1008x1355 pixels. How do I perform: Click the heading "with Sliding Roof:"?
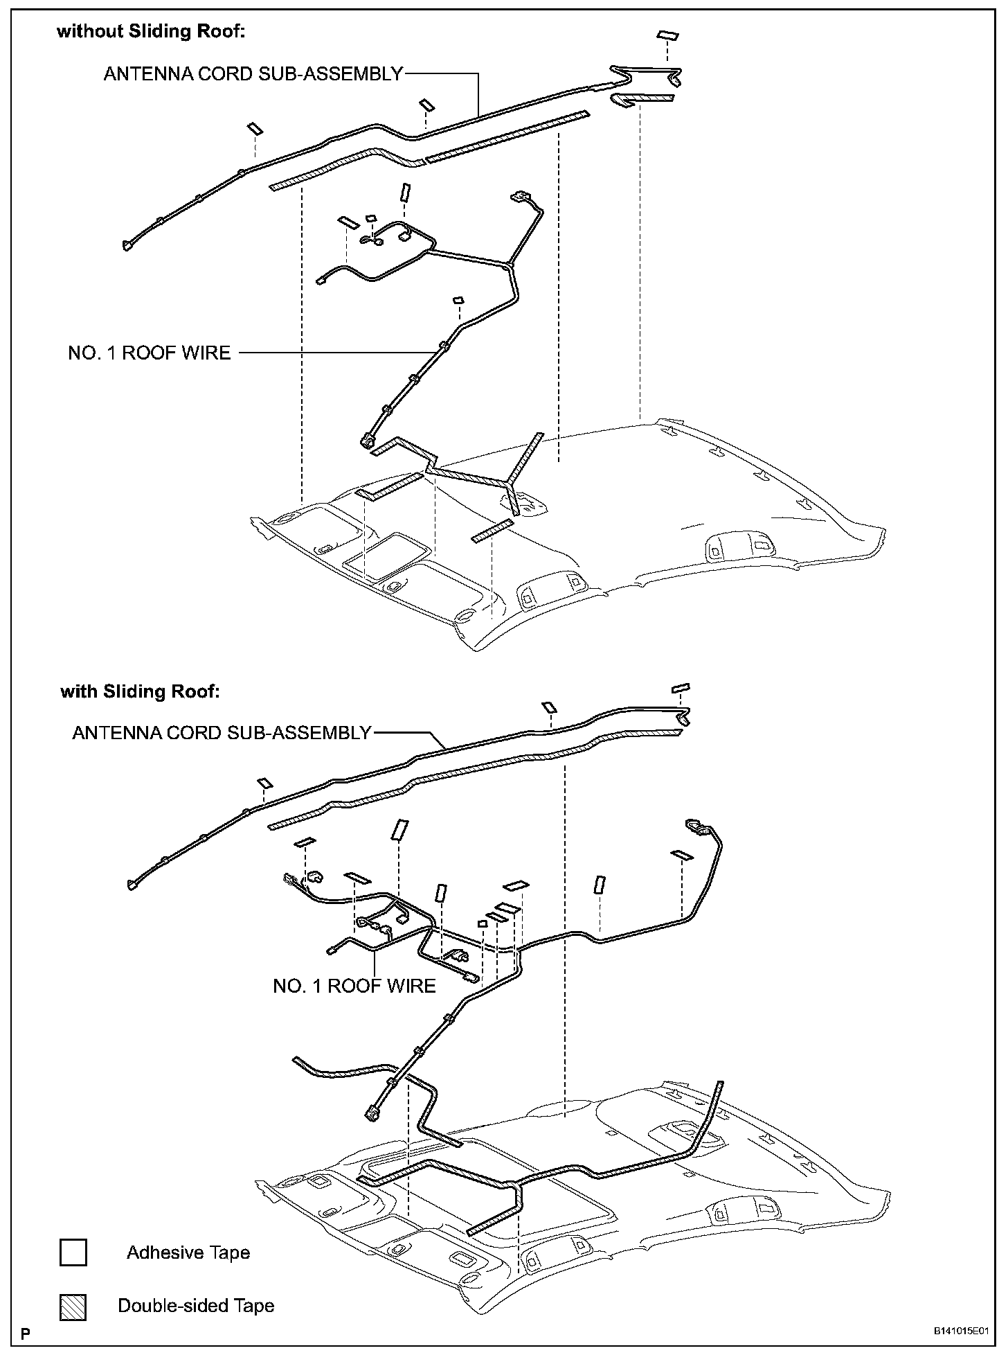(140, 691)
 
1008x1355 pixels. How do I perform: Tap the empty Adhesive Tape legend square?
(73, 1252)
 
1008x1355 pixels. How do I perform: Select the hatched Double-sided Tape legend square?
(73, 1307)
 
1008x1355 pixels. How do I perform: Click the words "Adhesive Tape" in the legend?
(188, 1252)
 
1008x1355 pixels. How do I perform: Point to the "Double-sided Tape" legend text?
(196, 1306)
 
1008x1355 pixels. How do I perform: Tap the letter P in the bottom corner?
(26, 1332)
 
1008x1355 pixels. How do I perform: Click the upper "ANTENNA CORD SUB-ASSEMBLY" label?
(253, 74)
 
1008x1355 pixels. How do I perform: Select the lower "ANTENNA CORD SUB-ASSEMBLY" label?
(222, 733)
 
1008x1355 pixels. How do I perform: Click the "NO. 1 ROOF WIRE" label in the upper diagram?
(149, 353)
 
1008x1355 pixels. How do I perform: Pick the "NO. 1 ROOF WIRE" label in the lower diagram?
(354, 986)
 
